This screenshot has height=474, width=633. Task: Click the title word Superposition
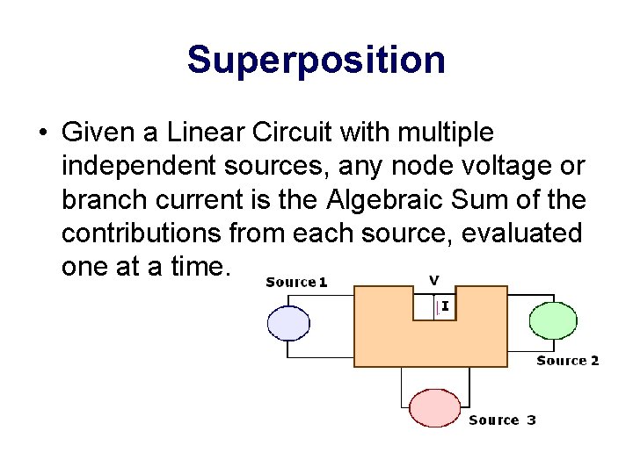316,61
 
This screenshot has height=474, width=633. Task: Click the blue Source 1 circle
288,322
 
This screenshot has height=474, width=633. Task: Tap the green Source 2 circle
553,320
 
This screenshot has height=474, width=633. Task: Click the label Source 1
296,282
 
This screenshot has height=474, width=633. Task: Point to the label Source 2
567,361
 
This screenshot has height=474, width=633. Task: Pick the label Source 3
502,420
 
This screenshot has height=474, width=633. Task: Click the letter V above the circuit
433,280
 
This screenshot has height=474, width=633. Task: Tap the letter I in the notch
446,306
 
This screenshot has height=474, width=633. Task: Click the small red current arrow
437,307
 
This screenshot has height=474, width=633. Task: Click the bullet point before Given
42,134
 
